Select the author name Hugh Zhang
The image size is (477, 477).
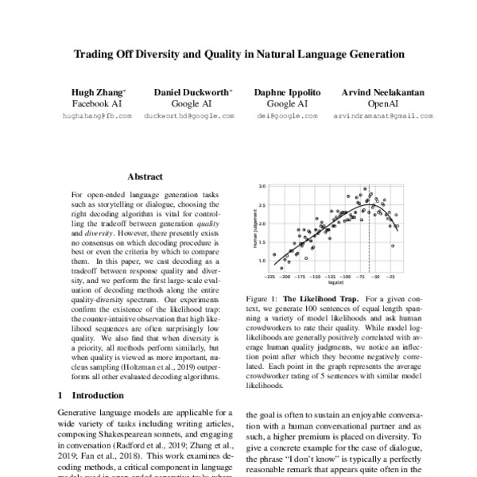[95, 92]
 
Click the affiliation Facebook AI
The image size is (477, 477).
[95, 103]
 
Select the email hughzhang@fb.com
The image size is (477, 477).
[95, 116]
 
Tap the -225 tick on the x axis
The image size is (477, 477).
[272, 278]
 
